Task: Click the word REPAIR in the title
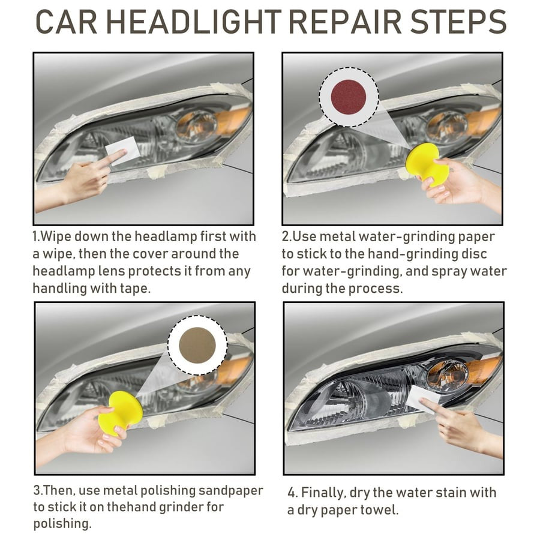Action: [343, 23]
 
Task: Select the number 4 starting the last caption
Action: [292, 493]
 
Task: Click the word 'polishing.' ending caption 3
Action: [62, 524]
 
